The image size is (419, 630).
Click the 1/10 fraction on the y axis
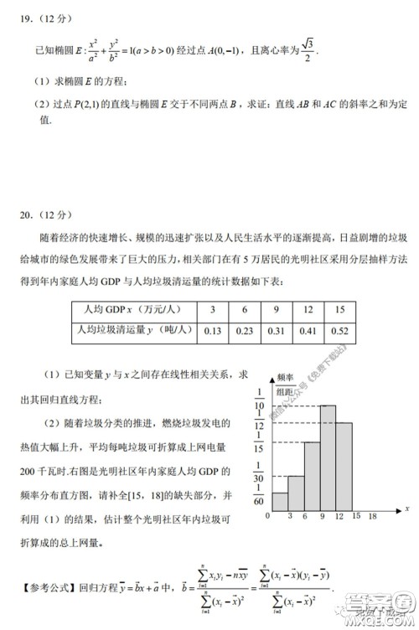tap(261, 400)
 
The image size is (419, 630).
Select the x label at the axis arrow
tap(406, 509)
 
